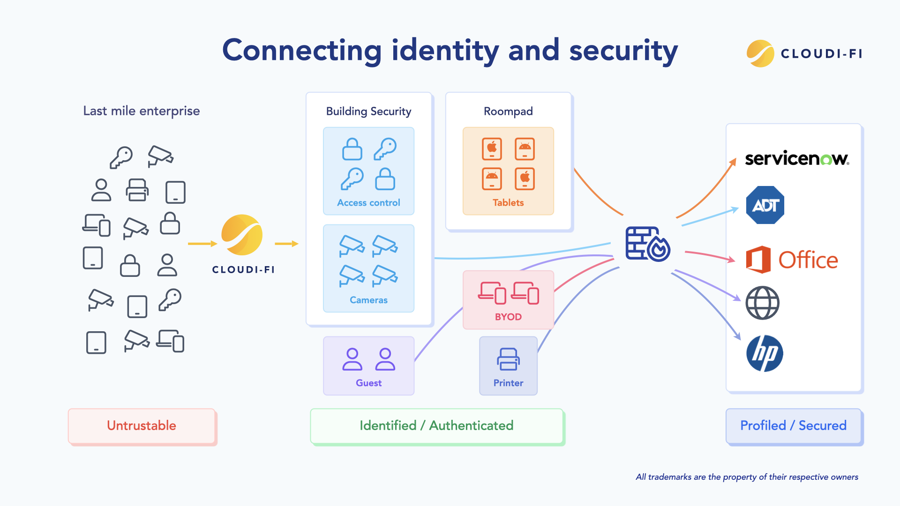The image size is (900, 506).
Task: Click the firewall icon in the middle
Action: tap(647, 244)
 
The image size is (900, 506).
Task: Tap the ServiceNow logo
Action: tap(796, 158)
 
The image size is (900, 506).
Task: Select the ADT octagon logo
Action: tap(765, 205)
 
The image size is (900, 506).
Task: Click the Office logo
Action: tap(792, 260)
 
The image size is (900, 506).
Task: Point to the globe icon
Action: tap(762, 303)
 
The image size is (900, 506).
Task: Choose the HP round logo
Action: tap(765, 353)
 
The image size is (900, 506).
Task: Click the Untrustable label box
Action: tap(142, 425)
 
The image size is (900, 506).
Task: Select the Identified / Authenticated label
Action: tap(436, 425)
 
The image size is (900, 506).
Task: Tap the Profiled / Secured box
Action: tap(793, 425)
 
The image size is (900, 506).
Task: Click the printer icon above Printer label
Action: tap(508, 359)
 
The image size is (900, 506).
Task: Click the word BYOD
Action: tap(508, 317)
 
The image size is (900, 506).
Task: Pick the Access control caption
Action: tap(368, 203)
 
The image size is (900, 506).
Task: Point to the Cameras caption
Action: tap(368, 300)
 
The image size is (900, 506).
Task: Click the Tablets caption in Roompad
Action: tap(508, 203)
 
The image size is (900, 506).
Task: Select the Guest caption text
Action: tap(368, 383)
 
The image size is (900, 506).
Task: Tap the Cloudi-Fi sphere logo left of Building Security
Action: tap(242, 235)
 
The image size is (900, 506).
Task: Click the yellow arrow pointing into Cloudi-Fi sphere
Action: tap(202, 244)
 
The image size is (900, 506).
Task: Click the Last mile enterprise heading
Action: tap(142, 111)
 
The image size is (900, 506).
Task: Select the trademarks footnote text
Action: tap(747, 477)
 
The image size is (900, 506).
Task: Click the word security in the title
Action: tap(623, 51)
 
